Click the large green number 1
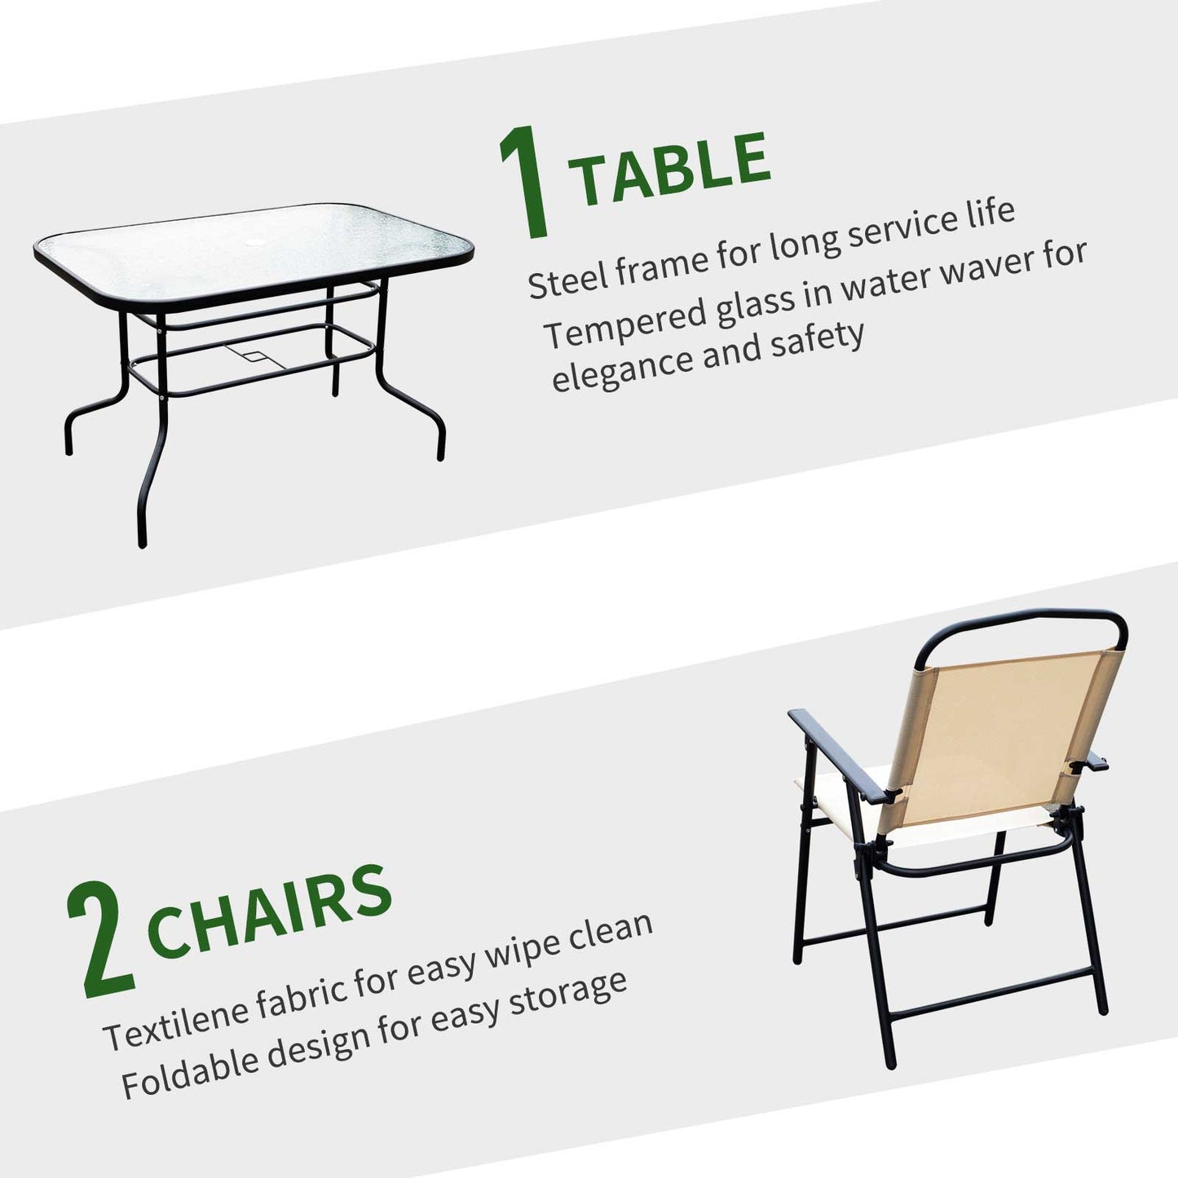(x=524, y=182)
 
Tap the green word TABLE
(x=670, y=168)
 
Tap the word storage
(x=568, y=997)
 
